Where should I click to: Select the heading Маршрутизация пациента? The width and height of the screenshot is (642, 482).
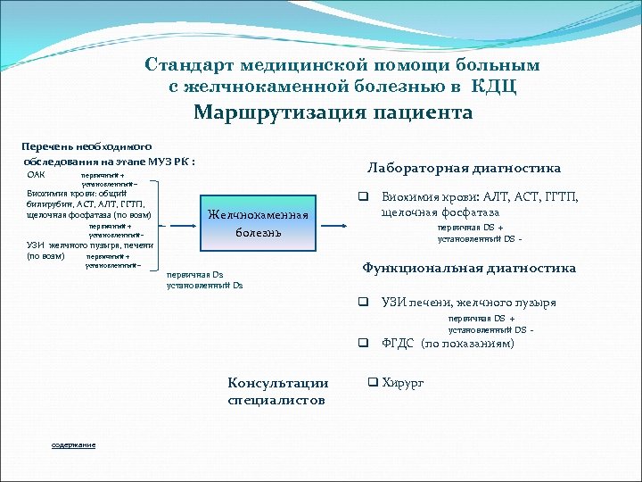click(333, 113)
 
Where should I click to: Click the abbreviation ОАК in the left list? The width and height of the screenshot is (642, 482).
click(37, 175)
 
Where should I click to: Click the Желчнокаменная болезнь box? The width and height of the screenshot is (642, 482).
click(258, 223)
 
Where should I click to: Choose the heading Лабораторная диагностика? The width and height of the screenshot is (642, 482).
click(464, 168)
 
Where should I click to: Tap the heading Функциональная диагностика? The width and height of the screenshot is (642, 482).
click(469, 268)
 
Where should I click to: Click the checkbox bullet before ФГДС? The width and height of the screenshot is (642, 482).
click(364, 343)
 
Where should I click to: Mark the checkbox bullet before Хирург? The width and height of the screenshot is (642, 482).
click(374, 383)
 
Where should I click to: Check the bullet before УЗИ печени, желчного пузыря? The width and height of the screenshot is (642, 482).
click(364, 302)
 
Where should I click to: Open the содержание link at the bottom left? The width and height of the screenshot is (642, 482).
click(73, 445)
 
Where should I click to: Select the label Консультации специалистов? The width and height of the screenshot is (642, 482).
click(277, 392)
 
